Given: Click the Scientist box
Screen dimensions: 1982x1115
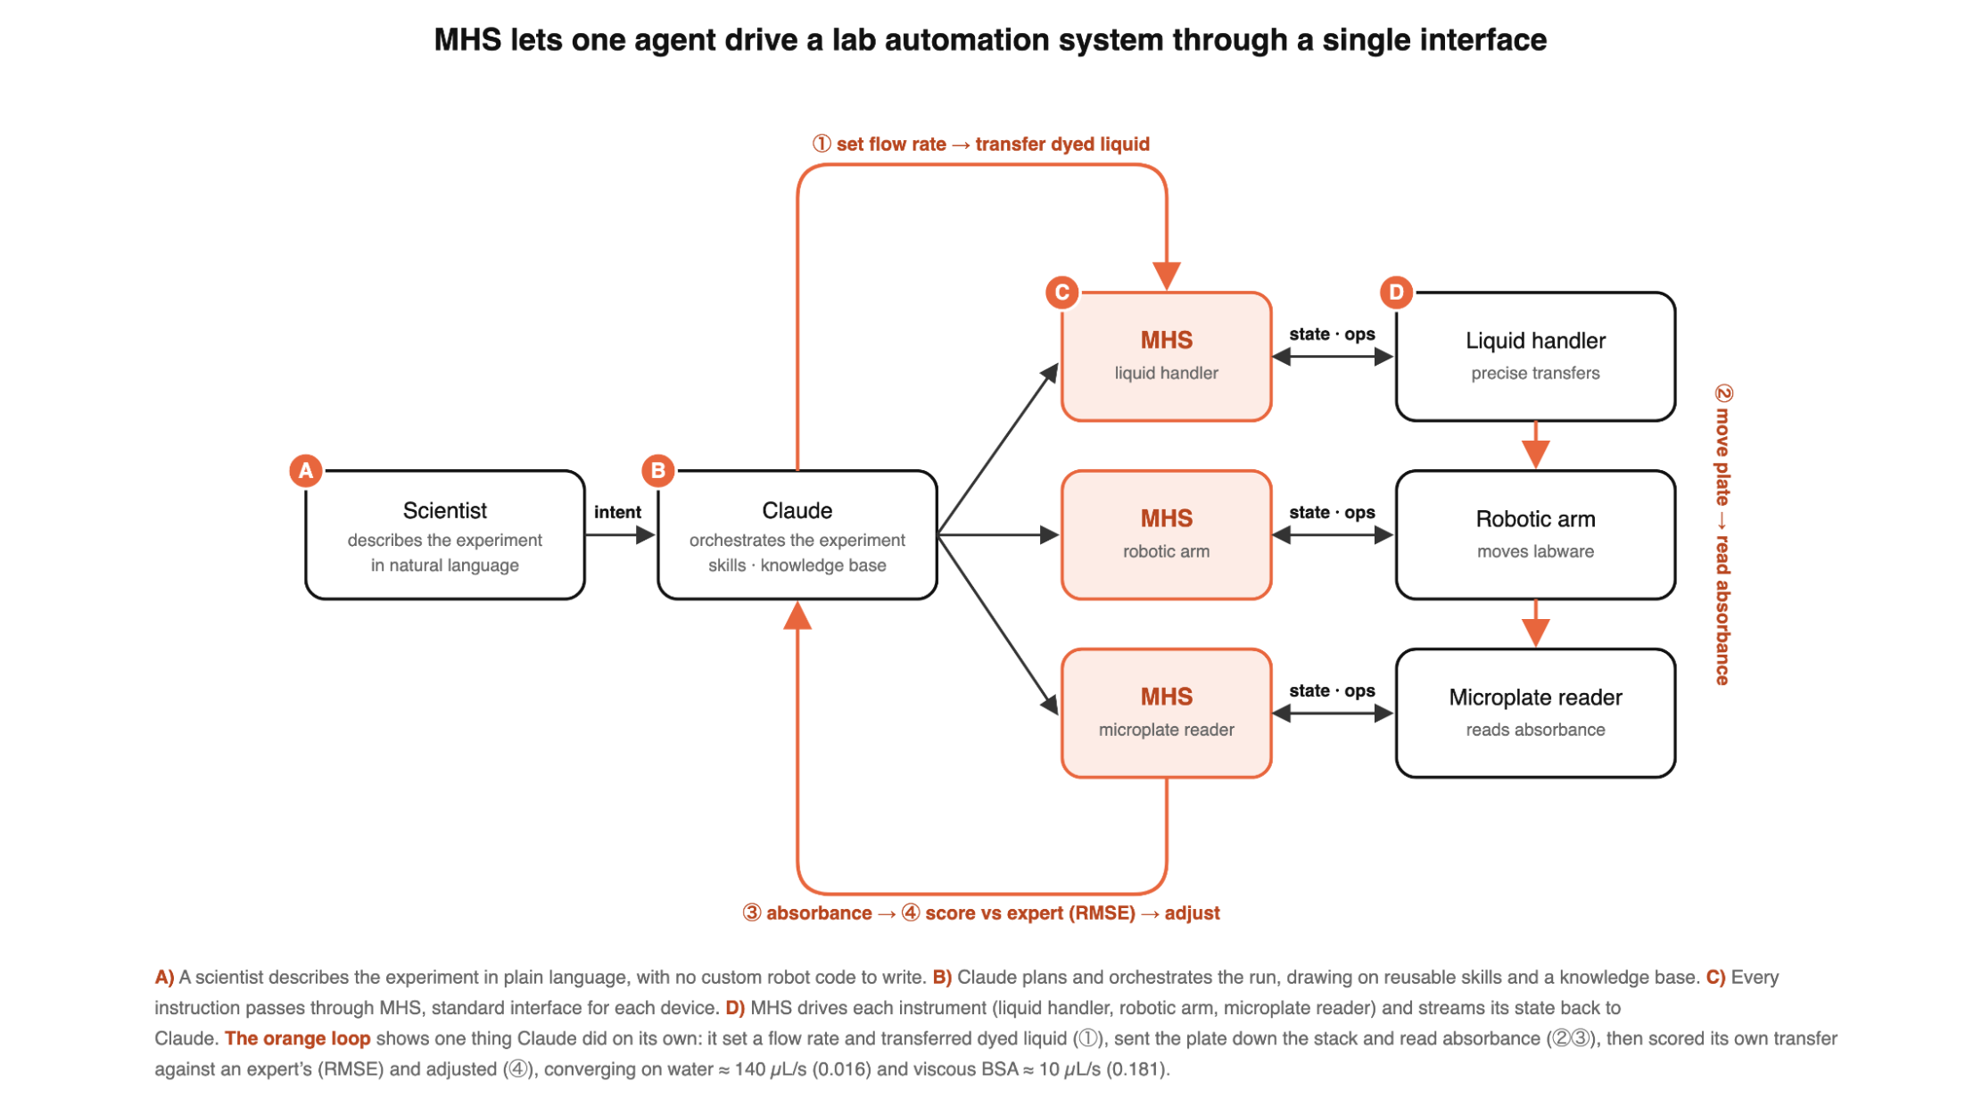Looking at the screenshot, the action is [444, 535].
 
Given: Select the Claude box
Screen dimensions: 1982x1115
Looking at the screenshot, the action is [797, 535].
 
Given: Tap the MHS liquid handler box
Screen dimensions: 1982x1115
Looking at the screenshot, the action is [1166, 357].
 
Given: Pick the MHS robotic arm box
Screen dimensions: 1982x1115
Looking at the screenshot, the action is [1166, 535].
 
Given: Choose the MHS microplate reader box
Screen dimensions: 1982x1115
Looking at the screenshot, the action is [1166, 714].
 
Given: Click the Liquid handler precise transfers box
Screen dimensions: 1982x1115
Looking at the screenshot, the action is [1535, 357].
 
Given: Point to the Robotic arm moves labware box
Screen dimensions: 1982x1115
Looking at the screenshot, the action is [1535, 535].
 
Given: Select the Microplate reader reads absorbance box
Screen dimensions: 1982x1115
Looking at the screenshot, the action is [1535, 714].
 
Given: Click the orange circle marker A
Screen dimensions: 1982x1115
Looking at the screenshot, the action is [306, 470].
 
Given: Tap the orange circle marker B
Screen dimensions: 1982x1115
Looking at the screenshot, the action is [658, 470].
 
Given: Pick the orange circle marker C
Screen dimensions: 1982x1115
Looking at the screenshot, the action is [1061, 292].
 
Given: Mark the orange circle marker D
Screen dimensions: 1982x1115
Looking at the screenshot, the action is [1396, 292].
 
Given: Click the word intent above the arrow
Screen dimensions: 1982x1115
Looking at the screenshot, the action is [617, 512].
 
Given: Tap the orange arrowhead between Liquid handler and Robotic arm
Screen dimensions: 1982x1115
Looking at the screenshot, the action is [1535, 455].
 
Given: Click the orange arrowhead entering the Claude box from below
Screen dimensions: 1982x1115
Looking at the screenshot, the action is [797, 615].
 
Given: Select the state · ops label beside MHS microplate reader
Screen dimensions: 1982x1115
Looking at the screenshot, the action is [1332, 690].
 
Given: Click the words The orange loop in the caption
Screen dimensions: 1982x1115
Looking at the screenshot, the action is [297, 1038].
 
